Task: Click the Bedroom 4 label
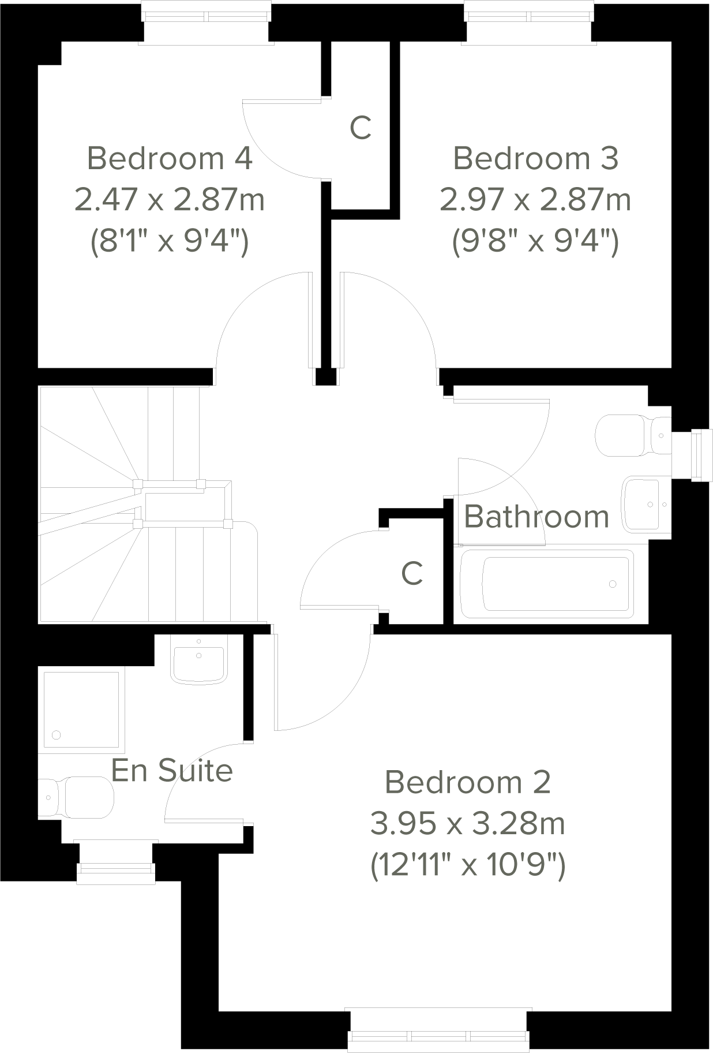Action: pos(170,158)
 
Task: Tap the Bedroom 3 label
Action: pos(535,158)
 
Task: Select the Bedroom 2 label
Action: pos(467,782)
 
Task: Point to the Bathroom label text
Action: pos(536,517)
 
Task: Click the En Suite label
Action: pos(172,770)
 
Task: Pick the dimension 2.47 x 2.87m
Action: pos(170,200)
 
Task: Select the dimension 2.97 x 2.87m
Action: pos(535,200)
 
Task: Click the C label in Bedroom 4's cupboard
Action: pos(361,128)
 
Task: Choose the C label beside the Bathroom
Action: pos(412,573)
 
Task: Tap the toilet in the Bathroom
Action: pos(632,435)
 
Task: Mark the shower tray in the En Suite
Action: pos(81,710)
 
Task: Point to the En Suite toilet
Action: pos(78,797)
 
